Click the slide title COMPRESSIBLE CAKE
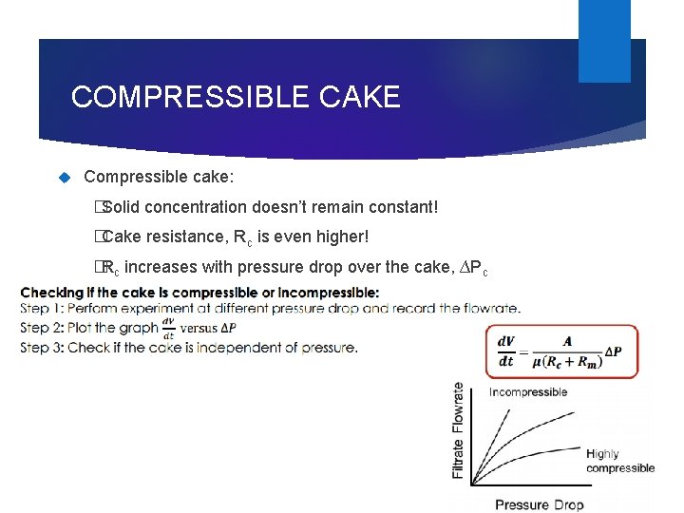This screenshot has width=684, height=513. (x=236, y=97)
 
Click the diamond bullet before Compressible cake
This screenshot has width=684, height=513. (x=66, y=177)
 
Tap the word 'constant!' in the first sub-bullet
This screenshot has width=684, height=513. (x=403, y=206)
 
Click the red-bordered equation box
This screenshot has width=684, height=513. (x=561, y=351)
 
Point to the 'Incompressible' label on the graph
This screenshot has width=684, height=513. (x=528, y=391)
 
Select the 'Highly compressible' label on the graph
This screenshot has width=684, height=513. (x=619, y=461)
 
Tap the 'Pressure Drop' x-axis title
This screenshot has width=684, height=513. (x=540, y=503)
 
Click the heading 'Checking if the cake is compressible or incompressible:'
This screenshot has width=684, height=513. (x=199, y=292)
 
